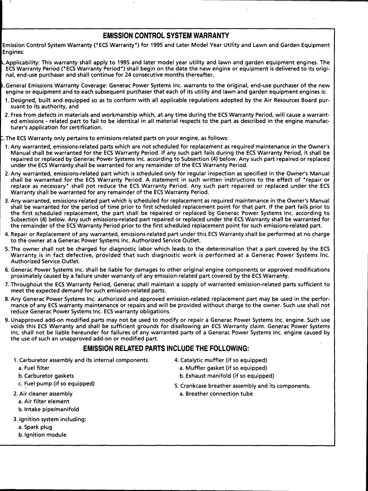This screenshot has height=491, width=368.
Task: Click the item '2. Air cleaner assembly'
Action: pyautogui.click(x=43, y=394)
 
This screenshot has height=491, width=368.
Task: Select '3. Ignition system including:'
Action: pyautogui.click(x=50, y=419)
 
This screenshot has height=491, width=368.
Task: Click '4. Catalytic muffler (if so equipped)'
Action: pyautogui.click(x=221, y=360)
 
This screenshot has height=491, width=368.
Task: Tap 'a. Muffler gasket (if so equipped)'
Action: pyautogui.click(x=224, y=368)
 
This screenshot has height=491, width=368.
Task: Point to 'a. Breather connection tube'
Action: pyautogui.click(x=216, y=394)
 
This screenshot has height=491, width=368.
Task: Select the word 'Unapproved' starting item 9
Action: pyautogui.click(x=24, y=320)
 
